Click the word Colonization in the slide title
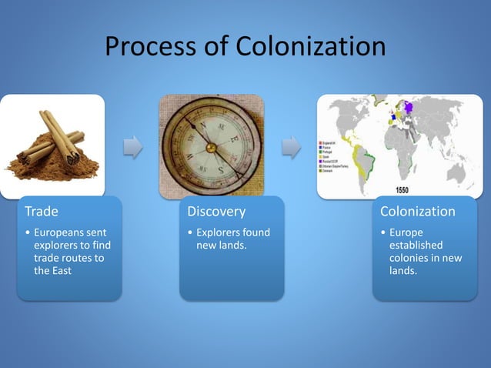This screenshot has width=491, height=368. pyautogui.click(x=313, y=47)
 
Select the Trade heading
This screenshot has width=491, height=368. pyautogui.click(x=42, y=211)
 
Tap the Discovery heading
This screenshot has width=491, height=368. pyautogui.click(x=217, y=211)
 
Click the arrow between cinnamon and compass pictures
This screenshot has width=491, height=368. pyautogui.click(x=132, y=146)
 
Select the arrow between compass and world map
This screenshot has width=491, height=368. pyautogui.click(x=291, y=146)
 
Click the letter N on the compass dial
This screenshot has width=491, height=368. pyautogui.click(x=202, y=125)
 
